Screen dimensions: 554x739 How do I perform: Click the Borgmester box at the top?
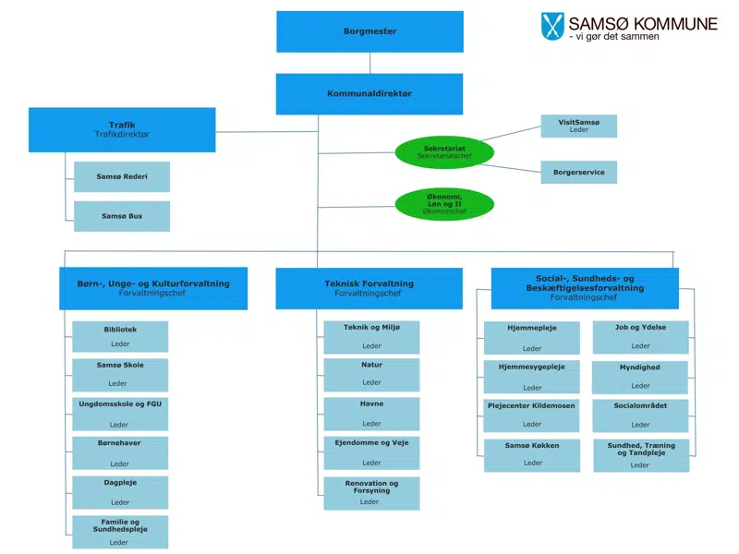369,31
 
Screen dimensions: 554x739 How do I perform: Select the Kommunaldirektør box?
369,94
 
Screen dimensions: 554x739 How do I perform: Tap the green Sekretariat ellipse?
444,152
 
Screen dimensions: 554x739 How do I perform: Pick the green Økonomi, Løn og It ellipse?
444,204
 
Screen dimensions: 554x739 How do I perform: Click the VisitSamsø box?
578,126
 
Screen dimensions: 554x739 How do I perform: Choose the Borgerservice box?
578,172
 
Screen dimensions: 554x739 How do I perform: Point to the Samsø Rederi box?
122,176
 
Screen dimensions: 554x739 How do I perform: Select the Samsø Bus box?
122,216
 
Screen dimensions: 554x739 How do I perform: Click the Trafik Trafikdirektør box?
122,129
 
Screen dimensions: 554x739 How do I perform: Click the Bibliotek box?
120,336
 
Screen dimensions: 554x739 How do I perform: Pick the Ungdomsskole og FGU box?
120,414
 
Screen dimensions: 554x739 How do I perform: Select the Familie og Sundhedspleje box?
120,532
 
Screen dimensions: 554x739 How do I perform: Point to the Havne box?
371,413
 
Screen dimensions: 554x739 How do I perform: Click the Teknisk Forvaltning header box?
369,288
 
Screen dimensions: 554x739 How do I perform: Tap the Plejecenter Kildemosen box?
532,414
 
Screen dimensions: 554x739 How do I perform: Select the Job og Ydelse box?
641,336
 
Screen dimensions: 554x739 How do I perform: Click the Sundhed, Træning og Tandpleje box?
641,454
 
